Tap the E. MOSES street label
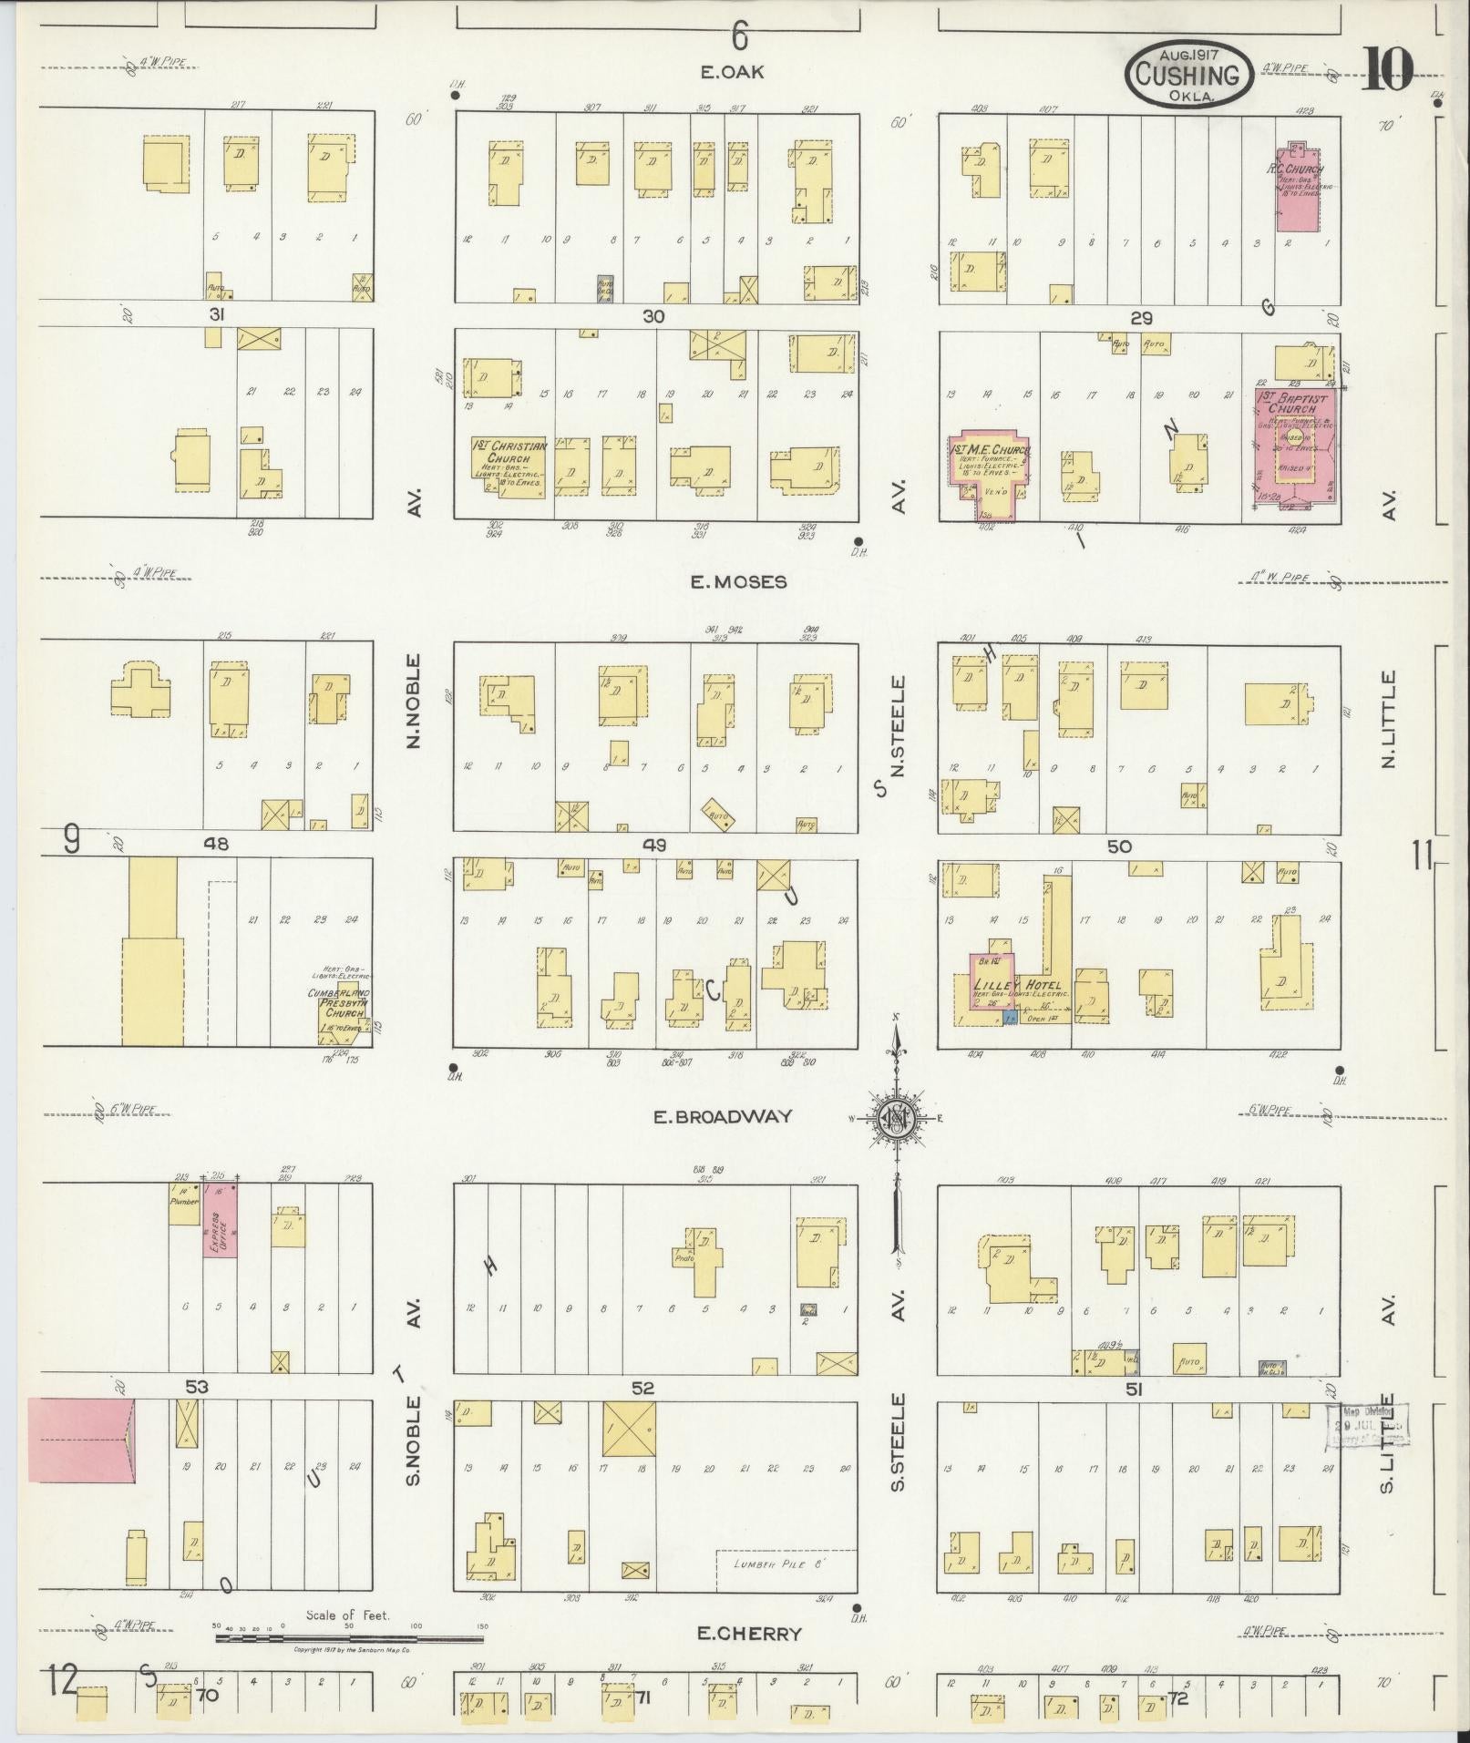pyautogui.click(x=737, y=581)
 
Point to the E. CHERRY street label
pyautogui.click(x=750, y=1634)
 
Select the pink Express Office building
pyautogui.click(x=220, y=1221)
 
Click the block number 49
pyautogui.click(x=653, y=846)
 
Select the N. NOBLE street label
pyautogui.click(x=415, y=701)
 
